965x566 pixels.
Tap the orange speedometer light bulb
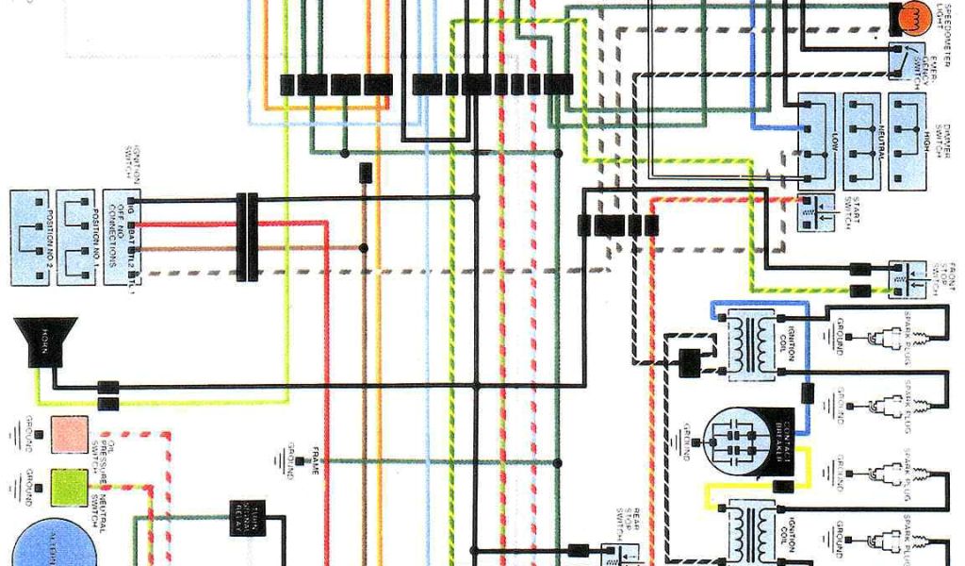pos(911,15)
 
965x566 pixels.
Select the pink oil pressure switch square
pos(70,434)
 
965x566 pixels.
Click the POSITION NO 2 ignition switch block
pos(30,238)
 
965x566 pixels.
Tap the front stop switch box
pos(907,279)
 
